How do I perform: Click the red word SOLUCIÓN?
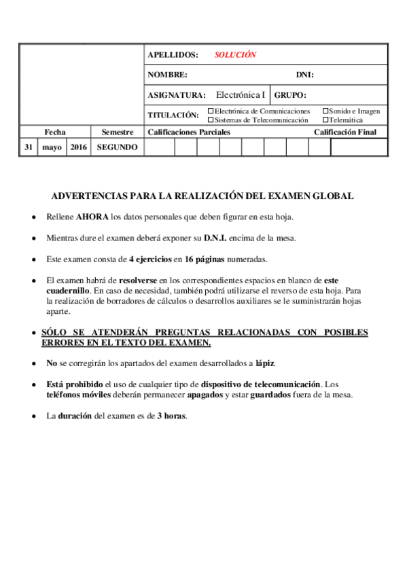(235, 55)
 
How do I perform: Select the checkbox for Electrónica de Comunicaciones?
(211, 111)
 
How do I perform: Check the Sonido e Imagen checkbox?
(325, 111)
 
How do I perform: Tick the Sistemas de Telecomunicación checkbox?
(211, 120)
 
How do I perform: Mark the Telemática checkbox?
(325, 120)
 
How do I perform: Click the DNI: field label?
(304, 75)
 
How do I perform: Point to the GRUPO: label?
(291, 96)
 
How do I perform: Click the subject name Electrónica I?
(241, 95)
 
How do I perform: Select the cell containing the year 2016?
(78, 147)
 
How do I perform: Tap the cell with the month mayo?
(52, 147)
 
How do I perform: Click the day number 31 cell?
(28, 147)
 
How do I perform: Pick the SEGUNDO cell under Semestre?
(118, 147)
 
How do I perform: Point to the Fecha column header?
(55, 132)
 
